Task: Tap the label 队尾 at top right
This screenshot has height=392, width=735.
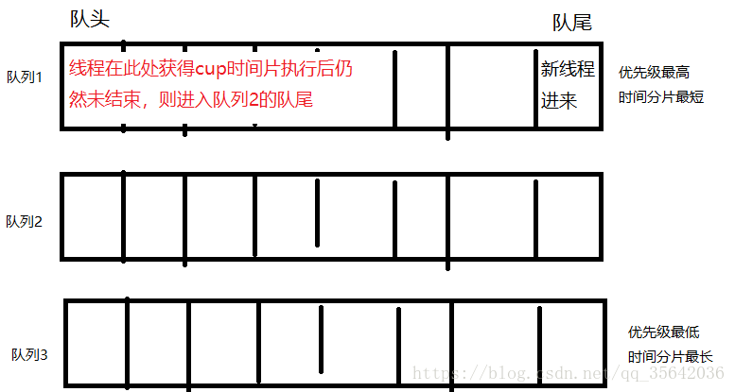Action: [x=571, y=22]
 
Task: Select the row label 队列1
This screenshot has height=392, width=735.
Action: [x=26, y=76]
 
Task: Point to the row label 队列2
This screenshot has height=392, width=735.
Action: [x=25, y=222]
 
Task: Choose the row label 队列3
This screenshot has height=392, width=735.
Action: [x=30, y=355]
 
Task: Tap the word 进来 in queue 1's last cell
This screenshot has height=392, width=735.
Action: [x=558, y=100]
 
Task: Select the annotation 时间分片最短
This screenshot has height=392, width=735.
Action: [x=661, y=97]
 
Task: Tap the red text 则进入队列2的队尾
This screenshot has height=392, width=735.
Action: [x=237, y=99]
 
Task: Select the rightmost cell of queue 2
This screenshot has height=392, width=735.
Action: [x=568, y=216]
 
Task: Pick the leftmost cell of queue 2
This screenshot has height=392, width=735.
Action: [x=93, y=216]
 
